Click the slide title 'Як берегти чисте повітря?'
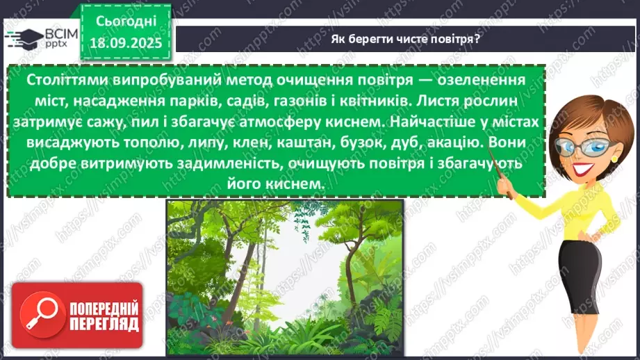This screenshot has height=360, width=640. click(406, 40)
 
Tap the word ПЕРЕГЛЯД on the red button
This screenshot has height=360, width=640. click(104, 325)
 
